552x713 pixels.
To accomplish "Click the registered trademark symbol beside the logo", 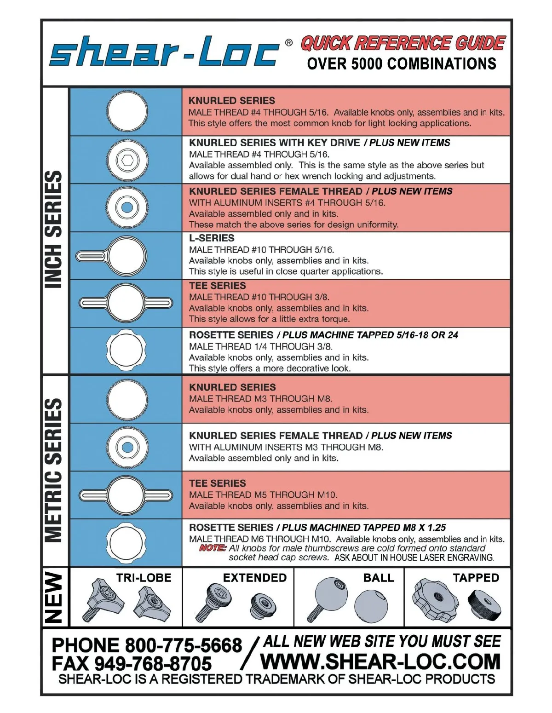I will click(x=288, y=43).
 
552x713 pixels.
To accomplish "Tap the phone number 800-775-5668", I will click(x=183, y=645).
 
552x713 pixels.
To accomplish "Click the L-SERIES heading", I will click(x=212, y=238).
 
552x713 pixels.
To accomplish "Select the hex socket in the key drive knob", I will click(x=127, y=160).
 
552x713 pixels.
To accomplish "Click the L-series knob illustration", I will click(x=112, y=256).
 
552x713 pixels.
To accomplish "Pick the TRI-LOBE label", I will click(x=144, y=578).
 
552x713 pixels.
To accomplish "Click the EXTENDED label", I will click(x=255, y=578).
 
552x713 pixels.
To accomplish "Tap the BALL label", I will click(x=379, y=578).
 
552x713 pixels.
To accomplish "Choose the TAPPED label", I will click(x=476, y=578).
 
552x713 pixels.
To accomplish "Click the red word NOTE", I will click(x=213, y=548).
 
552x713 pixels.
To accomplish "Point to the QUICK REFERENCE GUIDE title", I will click(x=403, y=43).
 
